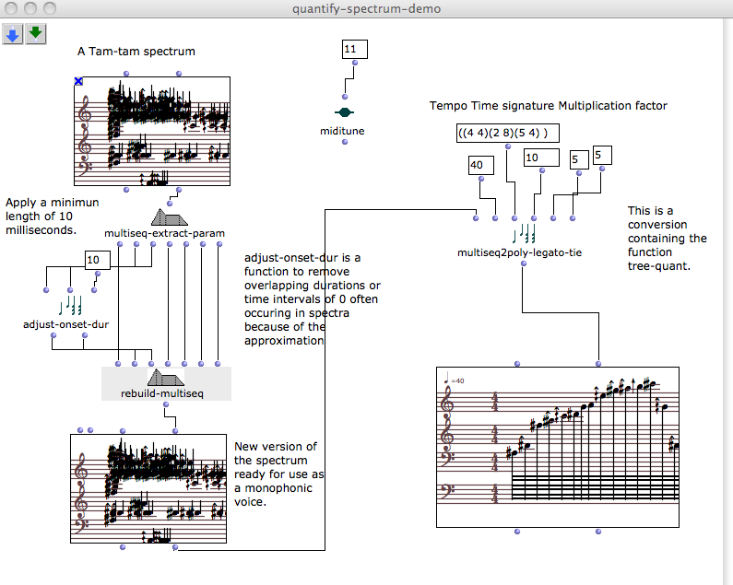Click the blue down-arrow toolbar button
(13, 34)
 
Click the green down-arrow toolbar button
(36, 34)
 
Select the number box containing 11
(355, 49)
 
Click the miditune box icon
(345, 112)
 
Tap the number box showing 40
(481, 166)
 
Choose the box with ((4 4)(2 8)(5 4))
(508, 134)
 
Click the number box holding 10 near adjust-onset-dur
(98, 261)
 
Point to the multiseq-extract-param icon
(170, 217)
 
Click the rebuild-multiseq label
(162, 393)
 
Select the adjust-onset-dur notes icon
(70, 306)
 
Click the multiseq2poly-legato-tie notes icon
(523, 233)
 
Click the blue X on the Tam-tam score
(78, 81)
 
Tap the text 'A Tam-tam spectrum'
(136, 52)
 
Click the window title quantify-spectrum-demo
(367, 9)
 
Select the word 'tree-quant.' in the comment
(658, 266)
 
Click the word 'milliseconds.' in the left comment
(41, 230)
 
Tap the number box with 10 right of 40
(541, 158)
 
